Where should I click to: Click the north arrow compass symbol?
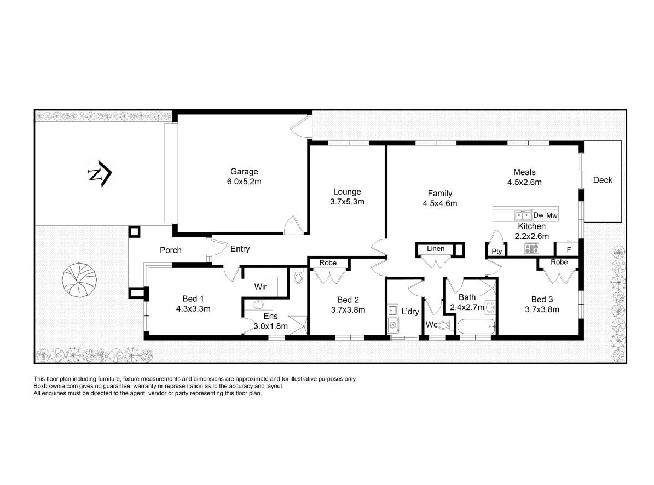100,174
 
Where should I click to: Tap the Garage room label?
244,172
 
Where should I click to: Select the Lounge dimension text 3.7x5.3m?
347,202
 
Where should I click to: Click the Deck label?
603,180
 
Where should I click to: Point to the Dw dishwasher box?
538,215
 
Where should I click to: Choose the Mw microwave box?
552,215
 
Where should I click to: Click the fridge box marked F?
569,250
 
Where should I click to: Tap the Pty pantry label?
496,252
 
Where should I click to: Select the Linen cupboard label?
436,249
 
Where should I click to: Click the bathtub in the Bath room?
475,327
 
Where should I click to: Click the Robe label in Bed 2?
328,263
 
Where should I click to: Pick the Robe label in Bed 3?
559,262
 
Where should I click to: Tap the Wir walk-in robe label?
261,286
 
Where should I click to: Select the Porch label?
170,250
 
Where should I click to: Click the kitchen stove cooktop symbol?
531,249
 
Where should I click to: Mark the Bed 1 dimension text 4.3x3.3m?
193,308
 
